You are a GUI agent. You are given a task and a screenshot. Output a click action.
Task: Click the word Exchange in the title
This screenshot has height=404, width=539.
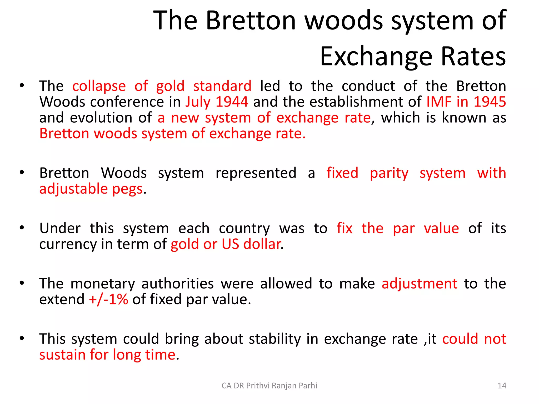point(376,57)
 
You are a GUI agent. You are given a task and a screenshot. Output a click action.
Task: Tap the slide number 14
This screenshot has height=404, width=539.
point(502,386)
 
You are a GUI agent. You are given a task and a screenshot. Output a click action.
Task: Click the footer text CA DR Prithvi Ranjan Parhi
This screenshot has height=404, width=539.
point(269,386)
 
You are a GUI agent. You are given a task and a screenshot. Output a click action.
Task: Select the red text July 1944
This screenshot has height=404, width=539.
point(217,102)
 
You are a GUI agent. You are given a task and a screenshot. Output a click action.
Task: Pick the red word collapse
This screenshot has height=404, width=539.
point(99,86)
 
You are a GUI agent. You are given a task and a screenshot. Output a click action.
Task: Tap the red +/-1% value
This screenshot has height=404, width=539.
point(108,299)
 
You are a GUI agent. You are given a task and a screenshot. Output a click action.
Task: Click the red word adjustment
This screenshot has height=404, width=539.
point(419,284)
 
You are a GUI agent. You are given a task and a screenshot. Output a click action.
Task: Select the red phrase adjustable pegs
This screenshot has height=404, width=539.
point(91,189)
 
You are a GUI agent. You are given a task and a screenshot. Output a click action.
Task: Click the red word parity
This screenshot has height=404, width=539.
point(389,173)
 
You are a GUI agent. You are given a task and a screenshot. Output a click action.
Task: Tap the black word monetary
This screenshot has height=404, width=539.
point(103,284)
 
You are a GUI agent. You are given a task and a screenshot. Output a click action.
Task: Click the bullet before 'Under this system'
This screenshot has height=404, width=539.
point(22,228)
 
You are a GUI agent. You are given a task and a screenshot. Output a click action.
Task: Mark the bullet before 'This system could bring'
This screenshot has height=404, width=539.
point(22,338)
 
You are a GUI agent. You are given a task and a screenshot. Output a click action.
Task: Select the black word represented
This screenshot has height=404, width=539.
point(256,173)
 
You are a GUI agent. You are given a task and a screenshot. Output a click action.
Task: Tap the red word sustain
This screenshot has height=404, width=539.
point(62,355)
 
